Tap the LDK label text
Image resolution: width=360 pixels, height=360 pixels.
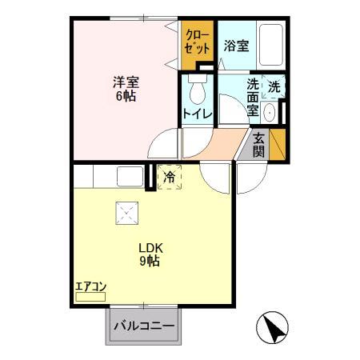coord(150,246)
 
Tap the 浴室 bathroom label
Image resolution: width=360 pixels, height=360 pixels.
coord(236,46)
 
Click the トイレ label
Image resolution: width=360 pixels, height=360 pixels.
coord(197,114)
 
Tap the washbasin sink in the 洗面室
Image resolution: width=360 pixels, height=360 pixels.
coord(270,112)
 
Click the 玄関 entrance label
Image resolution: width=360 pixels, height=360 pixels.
coord(259,144)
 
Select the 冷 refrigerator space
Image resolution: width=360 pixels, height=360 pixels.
coord(169,177)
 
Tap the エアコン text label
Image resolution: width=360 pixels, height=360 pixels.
coord(90,285)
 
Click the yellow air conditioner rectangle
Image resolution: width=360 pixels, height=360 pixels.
coord(90,296)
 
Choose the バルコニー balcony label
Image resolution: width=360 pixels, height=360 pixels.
coord(144,326)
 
